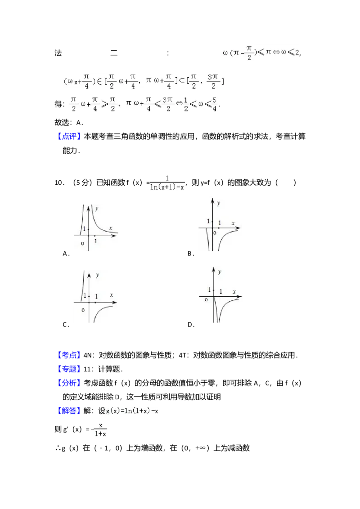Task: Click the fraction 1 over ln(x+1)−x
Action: click(x=167, y=182)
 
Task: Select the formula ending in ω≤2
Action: click(x=259, y=52)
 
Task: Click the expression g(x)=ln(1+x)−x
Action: click(x=131, y=411)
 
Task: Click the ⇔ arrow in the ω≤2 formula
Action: click(x=276, y=53)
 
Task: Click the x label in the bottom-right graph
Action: click(x=234, y=292)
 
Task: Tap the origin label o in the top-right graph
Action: click(x=215, y=233)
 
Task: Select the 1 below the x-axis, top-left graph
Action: click(x=96, y=241)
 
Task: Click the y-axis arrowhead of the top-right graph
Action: click(x=212, y=199)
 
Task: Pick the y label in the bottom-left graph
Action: click(x=98, y=275)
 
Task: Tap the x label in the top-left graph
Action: click(x=110, y=229)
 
